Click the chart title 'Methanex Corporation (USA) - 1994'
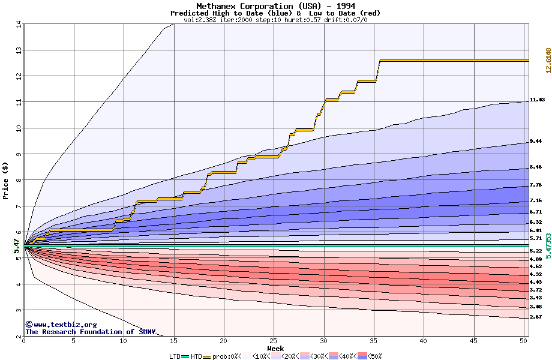(x=275, y=6)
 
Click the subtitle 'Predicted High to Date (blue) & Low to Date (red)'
(x=275, y=13)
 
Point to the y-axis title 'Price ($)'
(x=6, y=181)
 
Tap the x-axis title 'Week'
(x=275, y=348)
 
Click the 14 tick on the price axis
(x=18, y=24)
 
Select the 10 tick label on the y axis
(x=18, y=128)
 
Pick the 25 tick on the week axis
(x=274, y=341)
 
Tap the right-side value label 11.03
(x=537, y=100)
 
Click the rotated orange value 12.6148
(x=548, y=61)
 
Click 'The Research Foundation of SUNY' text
(x=90, y=332)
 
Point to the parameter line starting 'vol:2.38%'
(x=275, y=19)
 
